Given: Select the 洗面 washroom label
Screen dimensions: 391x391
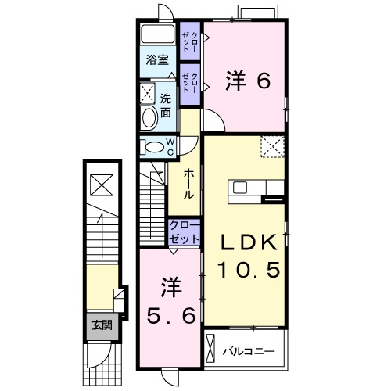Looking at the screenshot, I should (x=166, y=105).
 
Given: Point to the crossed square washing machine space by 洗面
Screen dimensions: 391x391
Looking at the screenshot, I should (x=148, y=94).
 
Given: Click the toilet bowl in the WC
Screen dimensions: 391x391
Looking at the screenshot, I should (x=154, y=146).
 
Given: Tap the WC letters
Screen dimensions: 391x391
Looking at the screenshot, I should (x=170, y=146).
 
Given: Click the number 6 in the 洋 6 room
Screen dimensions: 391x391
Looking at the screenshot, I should (x=263, y=80).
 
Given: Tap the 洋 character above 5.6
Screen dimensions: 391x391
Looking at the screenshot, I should (x=171, y=287).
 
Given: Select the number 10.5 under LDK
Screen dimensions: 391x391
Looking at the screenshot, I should (x=248, y=271).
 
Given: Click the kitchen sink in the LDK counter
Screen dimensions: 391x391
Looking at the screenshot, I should (x=239, y=188).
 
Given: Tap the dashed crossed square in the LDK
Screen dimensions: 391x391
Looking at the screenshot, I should (x=272, y=145).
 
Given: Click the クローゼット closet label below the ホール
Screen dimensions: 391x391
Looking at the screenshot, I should (x=183, y=232).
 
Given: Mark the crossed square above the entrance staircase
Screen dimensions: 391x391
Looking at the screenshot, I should (x=101, y=185).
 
